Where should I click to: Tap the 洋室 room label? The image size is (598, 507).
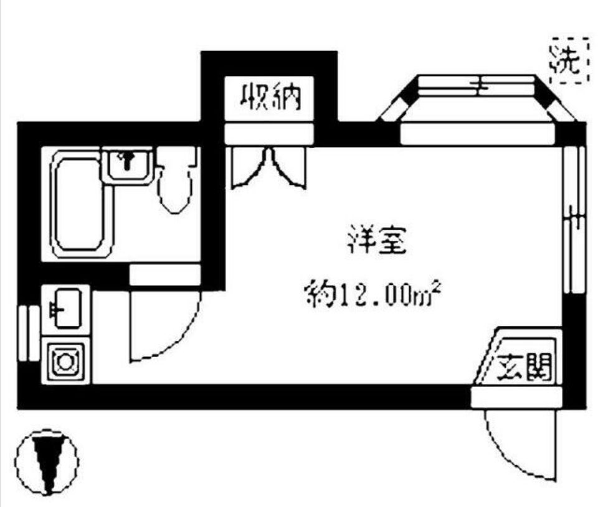[377, 242]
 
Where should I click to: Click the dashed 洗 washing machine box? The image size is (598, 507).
[568, 61]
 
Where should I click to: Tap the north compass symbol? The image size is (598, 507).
[47, 461]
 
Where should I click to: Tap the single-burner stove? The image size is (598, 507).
[65, 361]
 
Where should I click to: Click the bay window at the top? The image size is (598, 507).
[477, 103]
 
